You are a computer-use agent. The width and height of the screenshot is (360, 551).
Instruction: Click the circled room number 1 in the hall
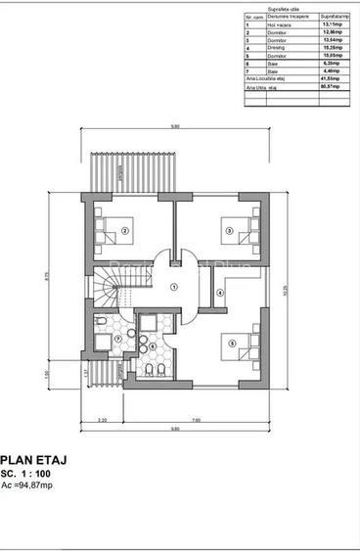pos(172,287)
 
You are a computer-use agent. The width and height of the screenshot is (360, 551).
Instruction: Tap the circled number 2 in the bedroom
pos(125,232)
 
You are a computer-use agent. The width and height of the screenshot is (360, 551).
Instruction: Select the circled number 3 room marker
pos(229,232)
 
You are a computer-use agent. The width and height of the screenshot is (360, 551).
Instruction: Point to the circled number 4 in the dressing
pos(220,293)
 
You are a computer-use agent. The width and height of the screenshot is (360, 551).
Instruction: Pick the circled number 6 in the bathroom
pos(153,345)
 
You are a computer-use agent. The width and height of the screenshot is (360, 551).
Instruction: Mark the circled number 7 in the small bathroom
pos(117,340)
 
